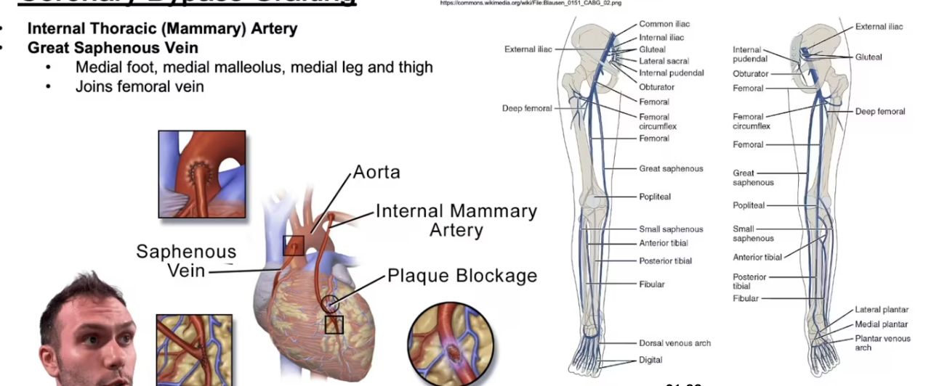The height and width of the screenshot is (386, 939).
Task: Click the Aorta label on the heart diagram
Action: [376, 172]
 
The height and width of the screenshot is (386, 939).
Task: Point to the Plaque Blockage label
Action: [462, 276]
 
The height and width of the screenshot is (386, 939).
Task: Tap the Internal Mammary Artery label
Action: [456, 221]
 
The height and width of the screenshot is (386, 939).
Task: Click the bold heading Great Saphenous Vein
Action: [113, 48]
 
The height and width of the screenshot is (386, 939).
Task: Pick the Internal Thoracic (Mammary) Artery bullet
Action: [162, 29]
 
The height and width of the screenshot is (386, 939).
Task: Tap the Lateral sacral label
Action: [664, 61]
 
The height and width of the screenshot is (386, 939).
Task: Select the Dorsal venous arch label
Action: [674, 343]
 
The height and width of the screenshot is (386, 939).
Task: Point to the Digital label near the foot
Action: [650, 361]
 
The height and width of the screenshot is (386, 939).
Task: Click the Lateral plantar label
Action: [882, 310]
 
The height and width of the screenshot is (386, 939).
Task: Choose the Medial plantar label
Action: [881, 324]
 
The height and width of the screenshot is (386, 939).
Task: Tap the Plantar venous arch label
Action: [882, 342]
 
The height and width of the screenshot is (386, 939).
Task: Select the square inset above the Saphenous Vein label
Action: [202, 174]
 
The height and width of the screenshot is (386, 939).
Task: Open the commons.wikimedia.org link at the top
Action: [531, 3]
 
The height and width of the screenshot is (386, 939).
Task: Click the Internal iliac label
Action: [661, 37]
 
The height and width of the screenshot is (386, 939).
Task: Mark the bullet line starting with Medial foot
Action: [254, 67]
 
